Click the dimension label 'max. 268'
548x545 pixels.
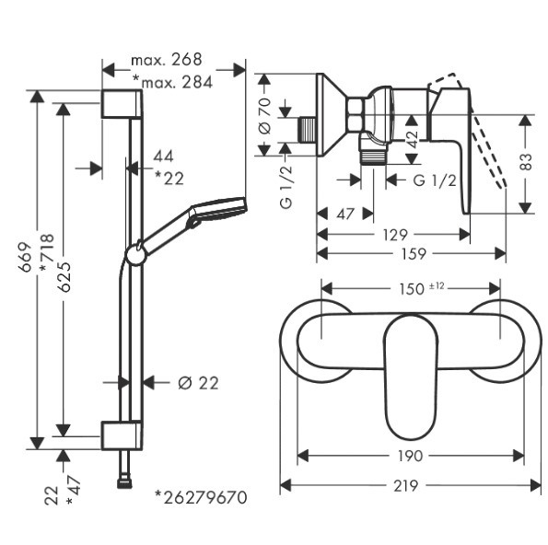167,60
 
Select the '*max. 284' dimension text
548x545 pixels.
172,83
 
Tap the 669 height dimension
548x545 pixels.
25,257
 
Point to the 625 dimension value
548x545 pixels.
64,277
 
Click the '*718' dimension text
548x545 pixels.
47,252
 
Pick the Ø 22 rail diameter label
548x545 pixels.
198,383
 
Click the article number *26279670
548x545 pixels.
202,497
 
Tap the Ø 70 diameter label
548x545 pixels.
264,116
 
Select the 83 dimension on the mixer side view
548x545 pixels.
526,161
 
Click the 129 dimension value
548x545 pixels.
395,235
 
